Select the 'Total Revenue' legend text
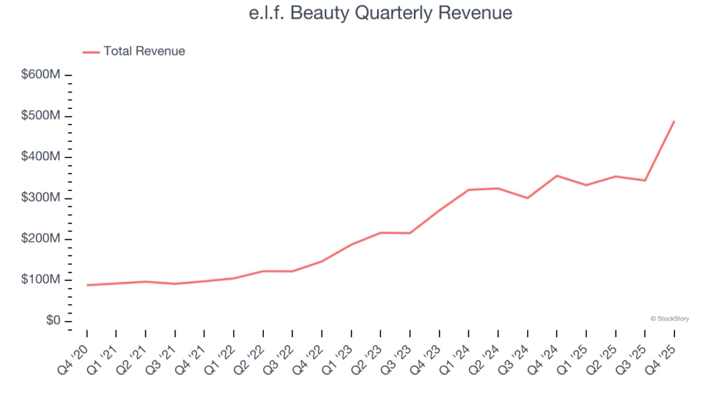click(144, 51)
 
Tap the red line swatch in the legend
click(91, 52)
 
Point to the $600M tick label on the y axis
click(41, 74)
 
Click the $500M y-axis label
click(41, 116)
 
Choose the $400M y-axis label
click(41, 157)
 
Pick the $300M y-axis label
click(41, 198)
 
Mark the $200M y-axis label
click(41, 239)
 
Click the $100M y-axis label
click(41, 280)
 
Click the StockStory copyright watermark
click(669, 319)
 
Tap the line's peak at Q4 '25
click(674, 121)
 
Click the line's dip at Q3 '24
click(527, 198)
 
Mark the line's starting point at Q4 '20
click(87, 285)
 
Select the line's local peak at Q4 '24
click(557, 176)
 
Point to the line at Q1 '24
click(469, 190)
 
